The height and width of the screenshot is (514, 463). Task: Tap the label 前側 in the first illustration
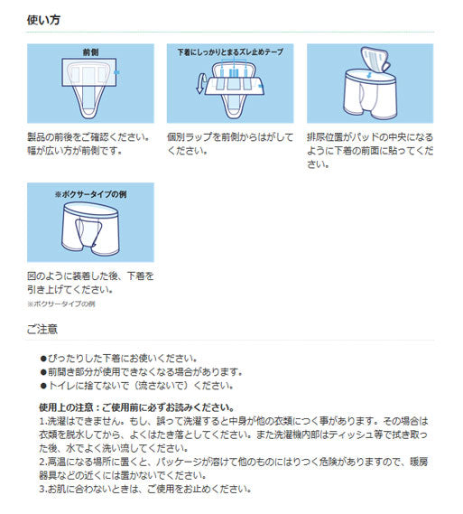point(90,52)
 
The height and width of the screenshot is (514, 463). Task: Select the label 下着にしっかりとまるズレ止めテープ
point(229,52)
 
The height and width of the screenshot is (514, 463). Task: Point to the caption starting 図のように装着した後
point(90,276)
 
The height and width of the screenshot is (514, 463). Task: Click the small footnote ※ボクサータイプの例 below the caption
point(61,304)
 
